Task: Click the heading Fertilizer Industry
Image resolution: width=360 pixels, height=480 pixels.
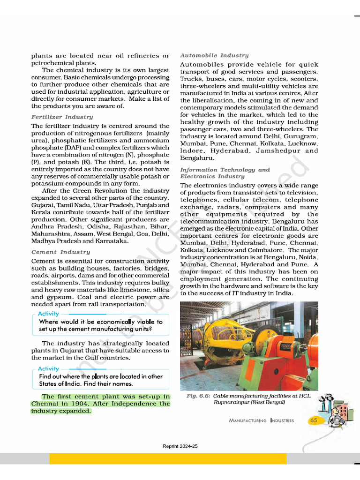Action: pos(62,117)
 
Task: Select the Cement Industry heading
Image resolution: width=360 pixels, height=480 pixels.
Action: pos(60,252)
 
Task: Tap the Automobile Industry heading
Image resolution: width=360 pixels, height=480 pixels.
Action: pos(214,55)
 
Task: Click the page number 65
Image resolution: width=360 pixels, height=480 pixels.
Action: pos(314,420)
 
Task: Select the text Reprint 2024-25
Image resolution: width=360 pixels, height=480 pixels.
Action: pos(180,446)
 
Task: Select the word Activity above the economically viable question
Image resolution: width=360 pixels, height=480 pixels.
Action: pos(49,314)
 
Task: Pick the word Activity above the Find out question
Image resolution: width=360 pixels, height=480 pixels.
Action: pos(49,368)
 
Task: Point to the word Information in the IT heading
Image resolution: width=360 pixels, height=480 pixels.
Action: pos(199,170)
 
